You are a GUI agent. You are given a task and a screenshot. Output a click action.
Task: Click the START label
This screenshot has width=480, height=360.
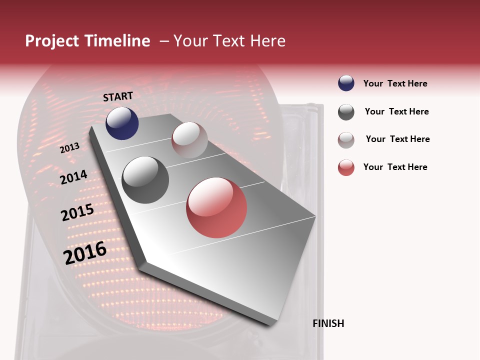click(x=118, y=96)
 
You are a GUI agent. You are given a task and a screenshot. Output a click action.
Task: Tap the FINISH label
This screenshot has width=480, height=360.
click(x=328, y=323)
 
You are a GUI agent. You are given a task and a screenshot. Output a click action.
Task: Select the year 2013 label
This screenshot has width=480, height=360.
click(x=69, y=148)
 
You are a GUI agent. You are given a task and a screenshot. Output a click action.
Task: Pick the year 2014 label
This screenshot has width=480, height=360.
click(x=73, y=177)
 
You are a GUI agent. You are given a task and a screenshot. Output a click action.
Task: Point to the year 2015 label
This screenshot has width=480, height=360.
click(x=77, y=212)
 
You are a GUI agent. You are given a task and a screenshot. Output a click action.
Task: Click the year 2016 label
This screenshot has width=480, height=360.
click(x=84, y=253)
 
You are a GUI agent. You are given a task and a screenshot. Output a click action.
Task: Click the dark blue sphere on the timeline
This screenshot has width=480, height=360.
click(x=122, y=123)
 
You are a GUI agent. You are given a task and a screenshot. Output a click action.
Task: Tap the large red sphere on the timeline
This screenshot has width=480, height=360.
click(x=216, y=207)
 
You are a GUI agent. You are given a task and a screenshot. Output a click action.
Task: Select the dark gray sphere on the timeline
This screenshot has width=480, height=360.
click(x=145, y=179)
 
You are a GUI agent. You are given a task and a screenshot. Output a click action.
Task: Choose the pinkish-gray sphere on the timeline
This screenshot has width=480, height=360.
click(x=189, y=140)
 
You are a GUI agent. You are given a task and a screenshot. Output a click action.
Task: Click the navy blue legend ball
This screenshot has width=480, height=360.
click(x=346, y=83)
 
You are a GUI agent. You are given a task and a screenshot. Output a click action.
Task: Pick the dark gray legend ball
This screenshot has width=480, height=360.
click(x=346, y=112)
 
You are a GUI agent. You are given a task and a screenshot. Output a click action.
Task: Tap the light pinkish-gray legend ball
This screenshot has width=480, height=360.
click(x=346, y=140)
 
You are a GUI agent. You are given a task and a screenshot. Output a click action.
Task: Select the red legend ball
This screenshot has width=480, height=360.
click(x=346, y=167)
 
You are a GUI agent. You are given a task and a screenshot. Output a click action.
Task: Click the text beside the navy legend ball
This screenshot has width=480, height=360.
click(x=395, y=83)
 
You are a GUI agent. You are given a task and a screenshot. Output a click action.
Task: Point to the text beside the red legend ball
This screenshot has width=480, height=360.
click(x=395, y=167)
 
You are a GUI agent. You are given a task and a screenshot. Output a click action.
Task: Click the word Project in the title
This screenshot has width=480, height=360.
click(x=52, y=41)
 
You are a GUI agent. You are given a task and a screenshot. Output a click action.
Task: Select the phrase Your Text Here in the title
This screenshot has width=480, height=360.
click(x=229, y=41)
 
